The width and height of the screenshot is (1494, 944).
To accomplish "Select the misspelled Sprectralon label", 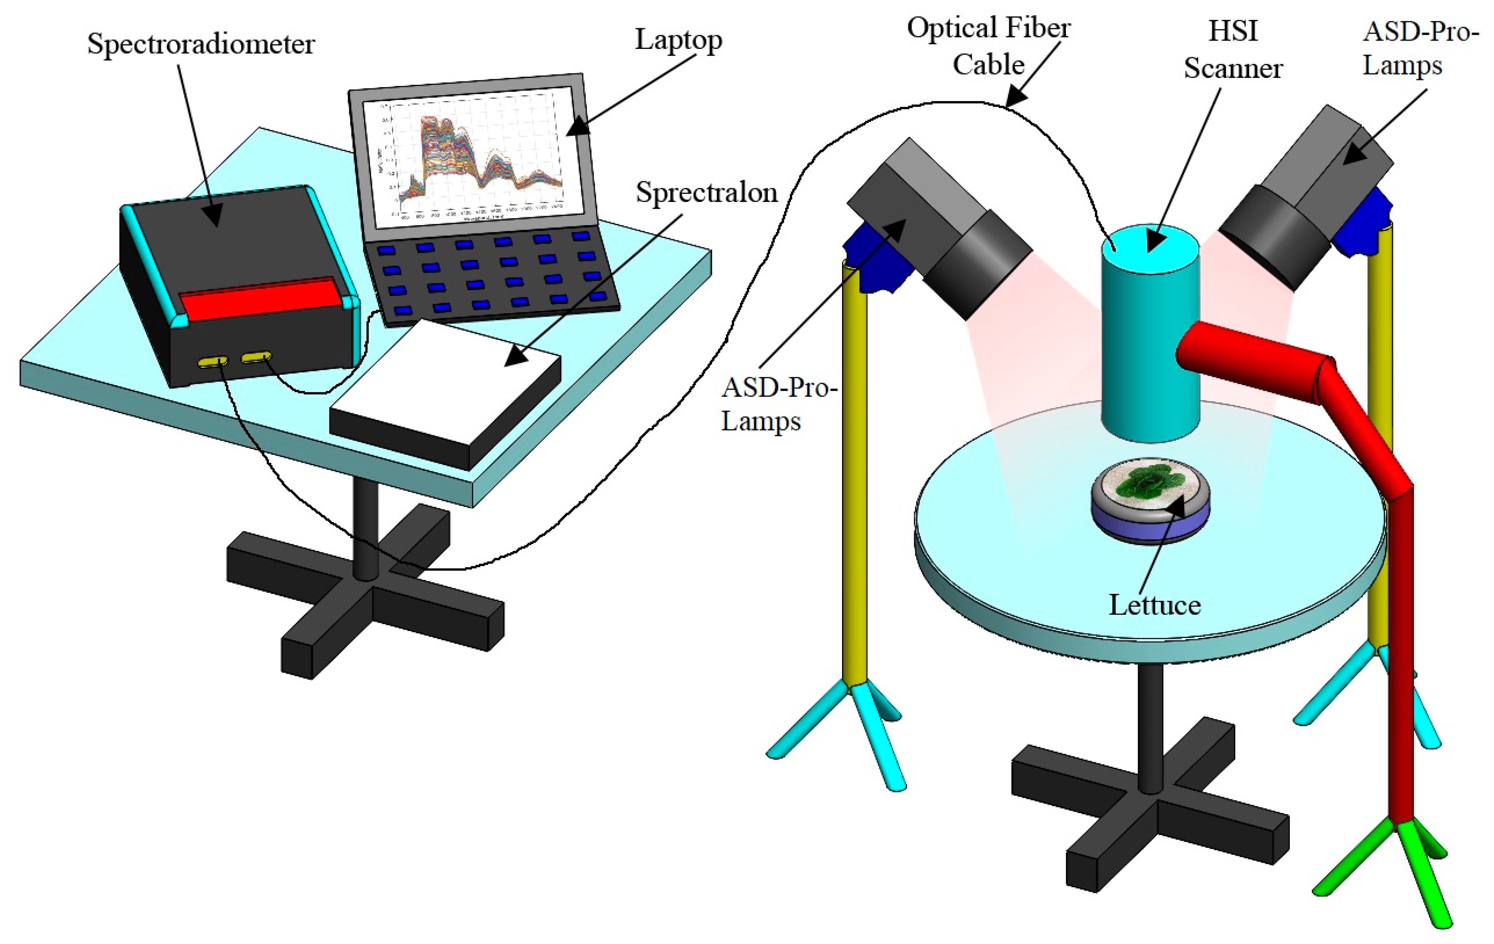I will [x=706, y=192].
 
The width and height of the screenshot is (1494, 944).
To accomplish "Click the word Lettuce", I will [x=1155, y=605].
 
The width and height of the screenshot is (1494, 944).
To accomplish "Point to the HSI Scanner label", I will [x=1232, y=50].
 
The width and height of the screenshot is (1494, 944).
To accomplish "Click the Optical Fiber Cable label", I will [x=988, y=46].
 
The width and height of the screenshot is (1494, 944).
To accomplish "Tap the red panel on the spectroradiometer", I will [x=260, y=299].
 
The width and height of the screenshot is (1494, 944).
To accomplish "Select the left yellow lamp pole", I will [x=854, y=471].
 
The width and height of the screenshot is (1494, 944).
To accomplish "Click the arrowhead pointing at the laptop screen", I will [x=576, y=127].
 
